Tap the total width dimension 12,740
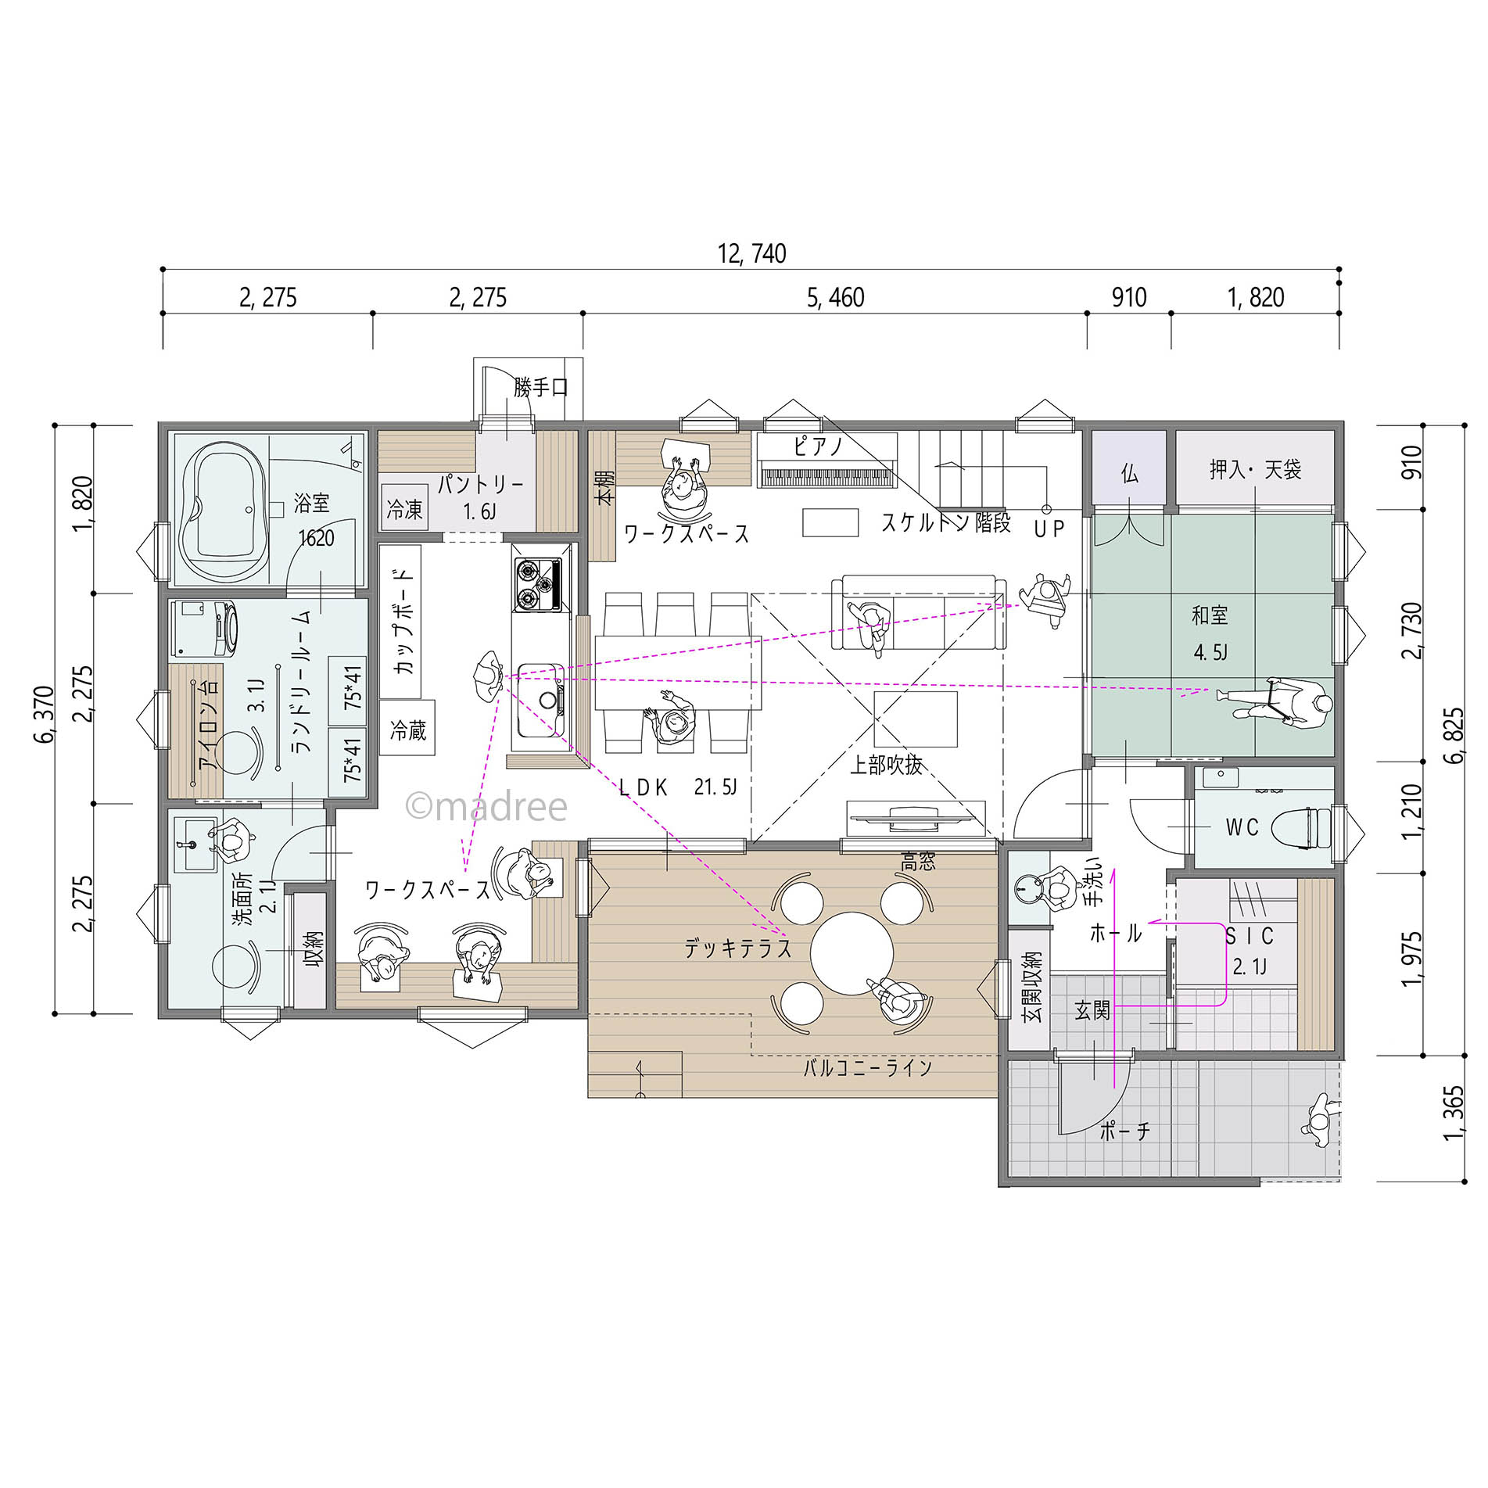click(751, 253)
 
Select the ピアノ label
click(818, 446)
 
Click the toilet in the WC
click(1300, 827)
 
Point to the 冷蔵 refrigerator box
click(407, 727)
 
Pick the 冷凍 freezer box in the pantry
click(404, 508)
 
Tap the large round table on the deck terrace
click(852, 953)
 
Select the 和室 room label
click(1210, 615)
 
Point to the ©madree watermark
click(486, 806)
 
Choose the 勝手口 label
click(540, 387)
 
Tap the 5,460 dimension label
click(835, 297)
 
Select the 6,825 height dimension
click(1454, 735)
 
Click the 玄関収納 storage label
click(1032, 987)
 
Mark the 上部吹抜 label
click(886, 764)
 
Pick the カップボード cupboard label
click(403, 622)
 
